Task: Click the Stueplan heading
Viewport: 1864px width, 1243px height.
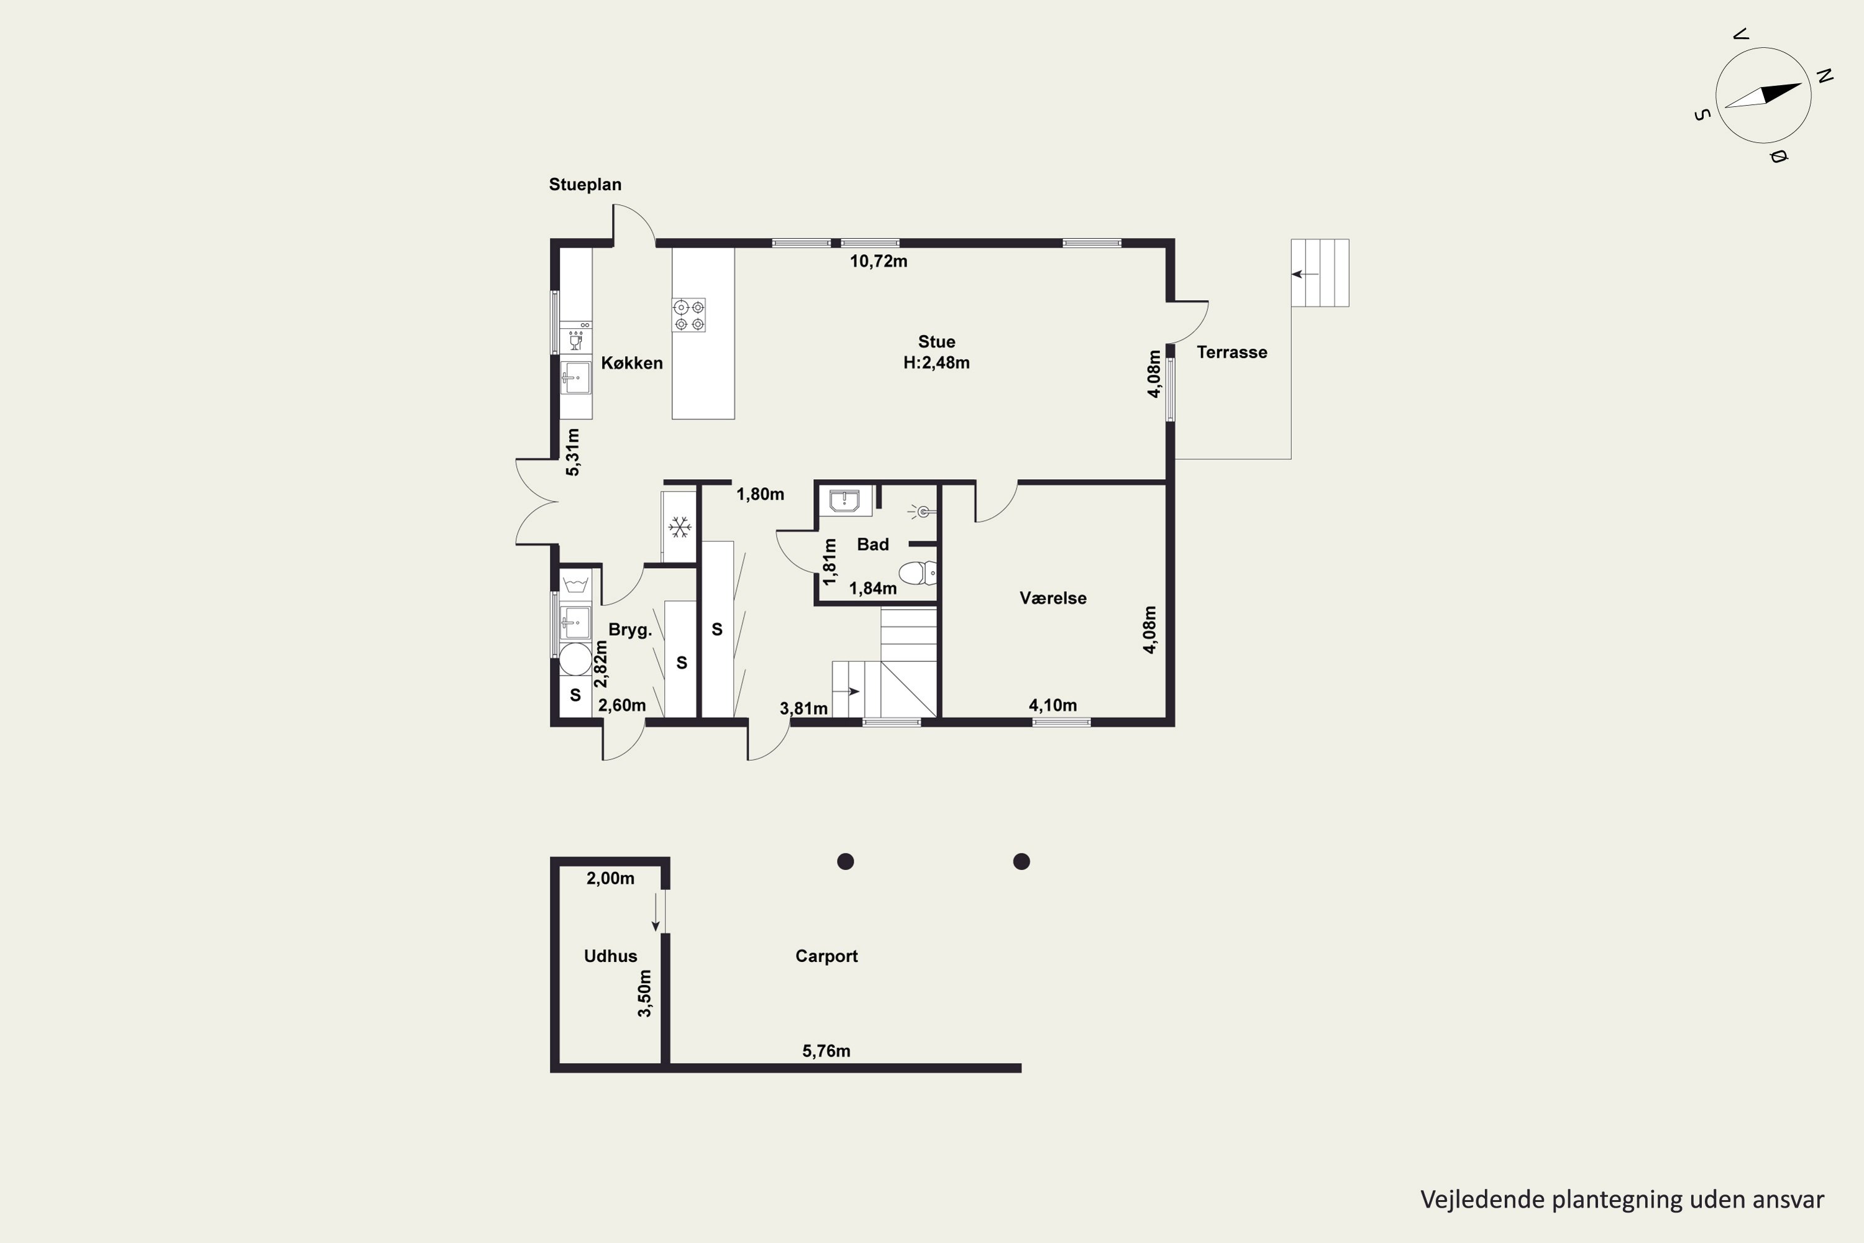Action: (585, 185)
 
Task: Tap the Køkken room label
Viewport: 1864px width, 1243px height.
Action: (632, 363)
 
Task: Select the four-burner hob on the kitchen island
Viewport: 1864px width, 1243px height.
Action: (688, 314)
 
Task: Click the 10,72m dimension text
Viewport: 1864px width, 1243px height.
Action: (878, 262)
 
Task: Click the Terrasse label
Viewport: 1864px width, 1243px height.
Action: (1231, 353)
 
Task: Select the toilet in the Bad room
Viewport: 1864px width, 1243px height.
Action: (918, 572)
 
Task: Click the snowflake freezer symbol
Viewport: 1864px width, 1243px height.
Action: (679, 527)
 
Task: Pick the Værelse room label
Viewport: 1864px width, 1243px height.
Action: (1053, 599)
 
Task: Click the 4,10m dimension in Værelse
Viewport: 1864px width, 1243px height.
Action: (1053, 705)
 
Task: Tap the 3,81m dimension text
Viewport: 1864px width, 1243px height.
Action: (803, 709)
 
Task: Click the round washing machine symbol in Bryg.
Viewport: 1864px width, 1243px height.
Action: (575, 659)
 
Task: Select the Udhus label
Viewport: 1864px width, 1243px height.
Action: (610, 957)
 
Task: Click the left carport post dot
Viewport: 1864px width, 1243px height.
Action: (846, 861)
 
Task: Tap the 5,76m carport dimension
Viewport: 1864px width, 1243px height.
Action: (826, 1051)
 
